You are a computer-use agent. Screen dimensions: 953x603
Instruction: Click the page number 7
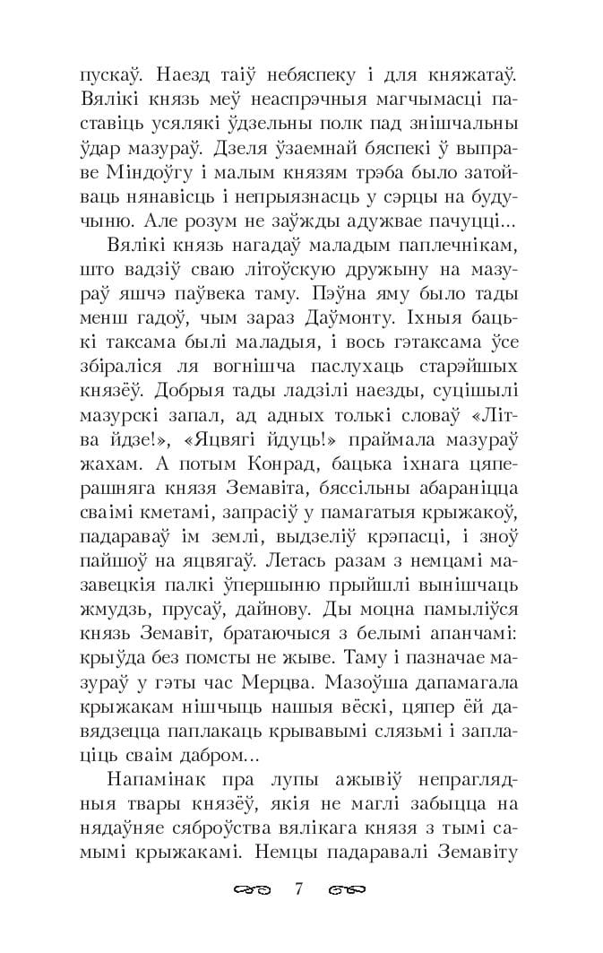(300, 890)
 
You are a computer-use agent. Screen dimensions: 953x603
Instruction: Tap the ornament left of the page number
(253, 891)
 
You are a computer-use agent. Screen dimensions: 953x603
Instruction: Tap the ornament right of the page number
(348, 891)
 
